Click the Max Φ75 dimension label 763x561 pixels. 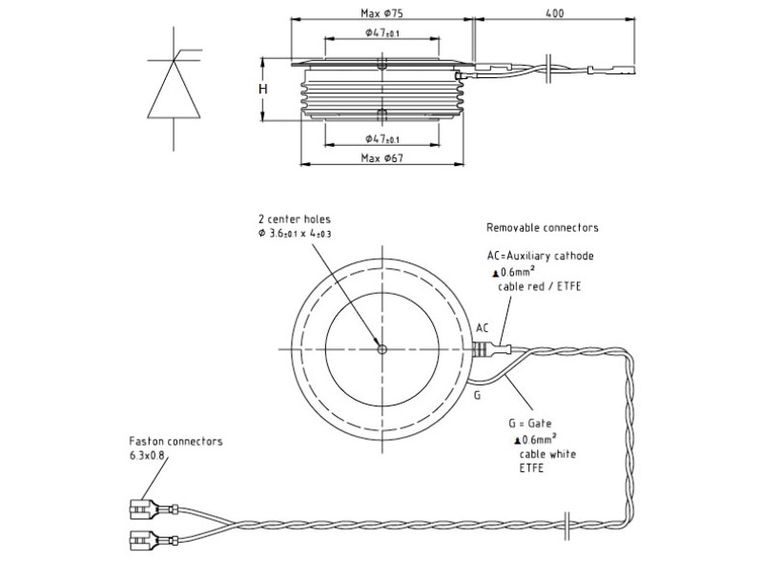click(x=381, y=13)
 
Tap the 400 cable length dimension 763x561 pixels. click(x=554, y=13)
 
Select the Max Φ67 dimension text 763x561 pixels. click(x=381, y=157)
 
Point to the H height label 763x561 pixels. click(x=263, y=89)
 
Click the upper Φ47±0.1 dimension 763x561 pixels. click(x=382, y=33)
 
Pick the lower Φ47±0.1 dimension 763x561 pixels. click(x=382, y=139)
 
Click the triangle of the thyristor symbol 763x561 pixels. click(x=174, y=90)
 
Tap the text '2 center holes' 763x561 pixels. click(x=295, y=219)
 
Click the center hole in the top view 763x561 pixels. click(x=382, y=348)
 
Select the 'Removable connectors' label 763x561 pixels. click(x=542, y=227)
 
